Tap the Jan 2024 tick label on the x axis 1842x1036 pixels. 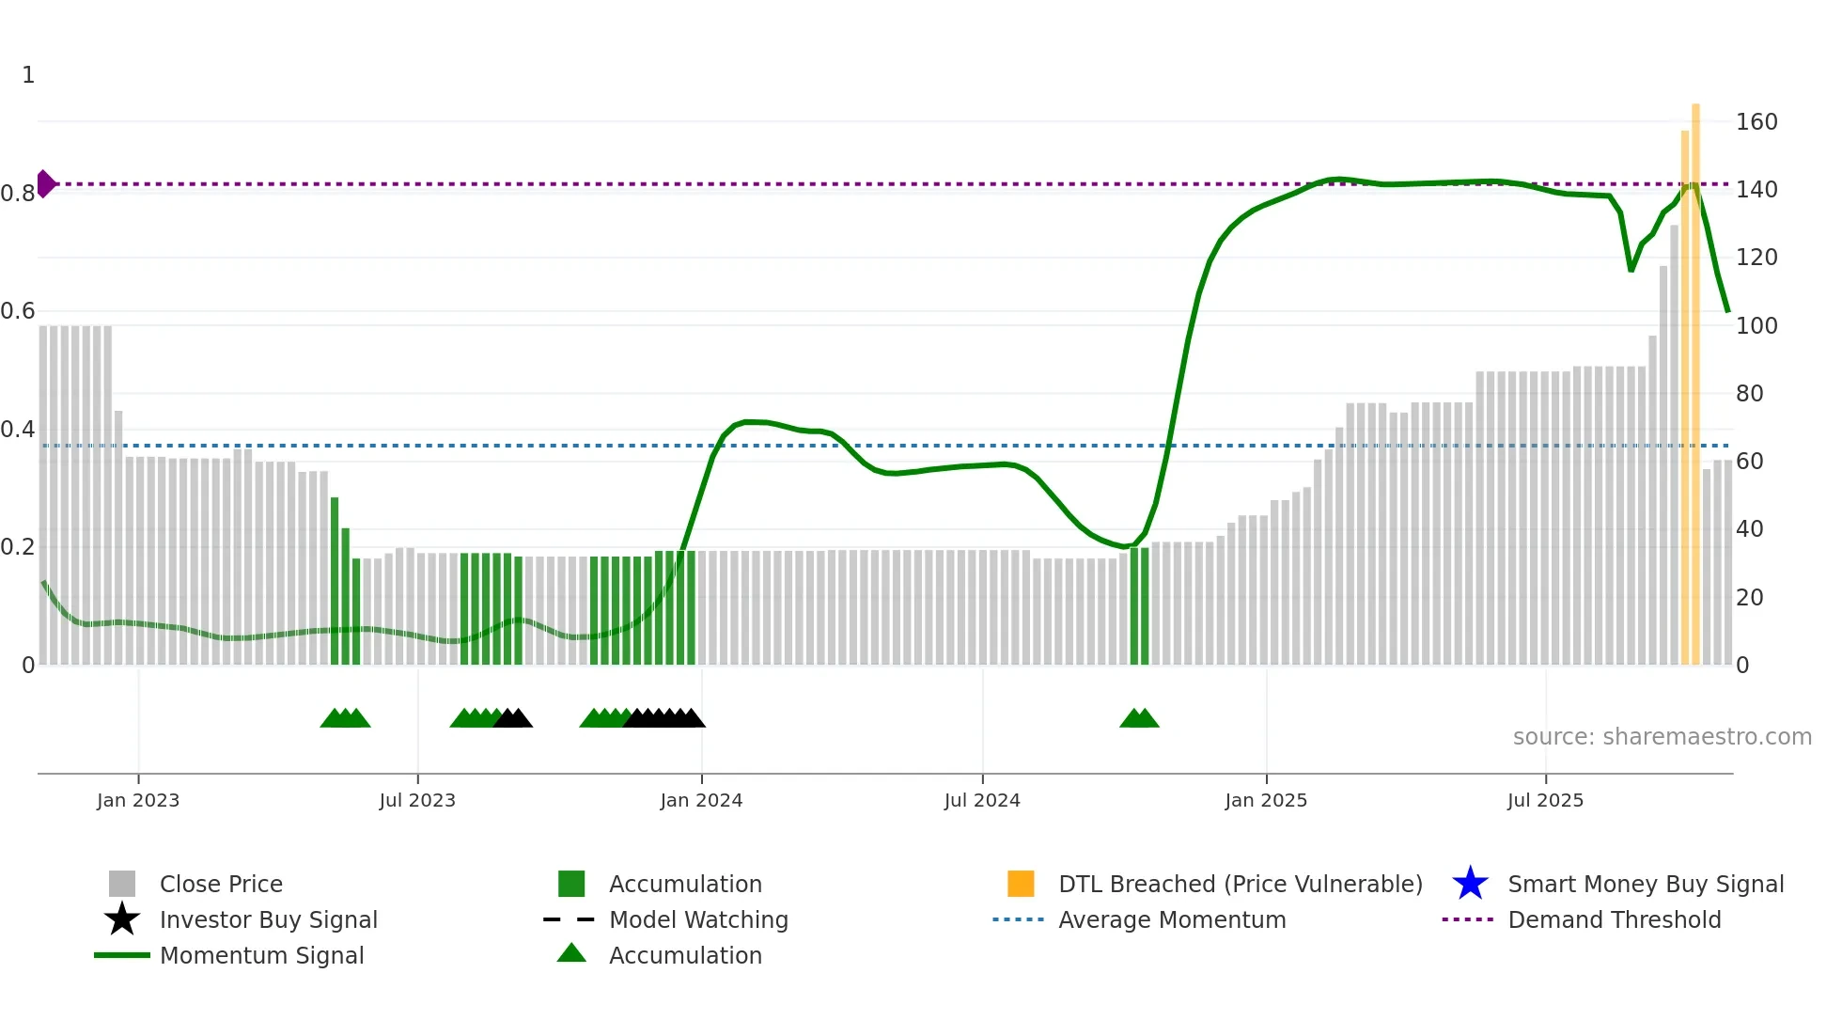[701, 801]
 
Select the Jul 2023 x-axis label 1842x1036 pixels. [417, 801]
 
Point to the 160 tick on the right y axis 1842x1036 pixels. [1756, 122]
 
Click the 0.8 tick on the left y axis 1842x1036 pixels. [18, 194]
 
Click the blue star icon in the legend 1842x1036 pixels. [1470, 884]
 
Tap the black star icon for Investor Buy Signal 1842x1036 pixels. [122, 919]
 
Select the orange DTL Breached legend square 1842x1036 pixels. [1021, 884]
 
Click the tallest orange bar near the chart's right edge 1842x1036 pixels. [1695, 376]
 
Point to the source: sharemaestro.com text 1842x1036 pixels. [1662, 737]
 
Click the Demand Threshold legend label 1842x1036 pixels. [1614, 920]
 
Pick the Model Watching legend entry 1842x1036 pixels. [698, 920]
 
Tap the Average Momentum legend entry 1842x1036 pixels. [1172, 920]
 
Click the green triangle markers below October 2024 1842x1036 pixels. [1139, 718]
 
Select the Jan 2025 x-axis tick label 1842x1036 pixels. [1266, 801]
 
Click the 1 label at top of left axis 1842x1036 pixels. [28, 75]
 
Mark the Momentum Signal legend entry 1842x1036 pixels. [261, 956]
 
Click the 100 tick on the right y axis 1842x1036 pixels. [1756, 326]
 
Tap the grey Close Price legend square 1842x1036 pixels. [122, 884]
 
